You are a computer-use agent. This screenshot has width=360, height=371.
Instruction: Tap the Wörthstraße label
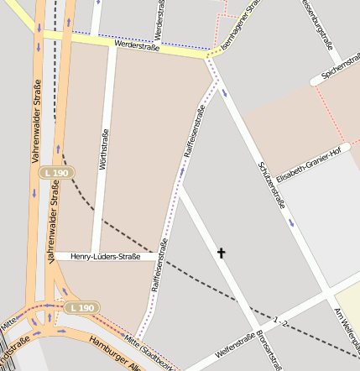point(104,149)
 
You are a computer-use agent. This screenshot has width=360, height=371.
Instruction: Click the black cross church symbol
point(222,253)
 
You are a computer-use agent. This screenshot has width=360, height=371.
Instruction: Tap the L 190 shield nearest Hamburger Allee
point(82,308)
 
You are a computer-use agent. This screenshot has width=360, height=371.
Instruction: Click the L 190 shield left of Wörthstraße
point(57,172)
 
